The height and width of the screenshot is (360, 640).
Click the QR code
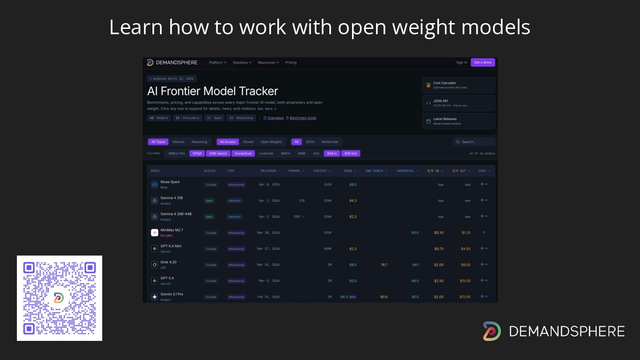click(60, 298)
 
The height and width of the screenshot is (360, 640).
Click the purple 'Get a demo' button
click(483, 62)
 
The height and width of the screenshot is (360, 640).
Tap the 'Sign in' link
click(461, 62)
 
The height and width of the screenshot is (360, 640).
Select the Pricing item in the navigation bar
click(291, 62)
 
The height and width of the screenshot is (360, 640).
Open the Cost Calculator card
click(458, 85)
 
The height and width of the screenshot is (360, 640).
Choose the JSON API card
click(458, 103)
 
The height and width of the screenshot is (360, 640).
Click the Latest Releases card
click(458, 121)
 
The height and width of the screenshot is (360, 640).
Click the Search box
click(474, 142)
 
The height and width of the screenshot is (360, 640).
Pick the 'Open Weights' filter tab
click(271, 142)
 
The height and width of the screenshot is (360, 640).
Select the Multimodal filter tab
click(330, 142)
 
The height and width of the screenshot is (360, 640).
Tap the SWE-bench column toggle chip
click(218, 153)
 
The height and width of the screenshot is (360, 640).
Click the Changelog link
click(275, 118)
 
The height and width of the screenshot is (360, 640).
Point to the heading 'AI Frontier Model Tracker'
click(212, 91)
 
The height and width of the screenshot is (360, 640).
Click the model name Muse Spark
click(170, 182)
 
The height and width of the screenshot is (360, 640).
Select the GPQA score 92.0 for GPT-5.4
click(353, 281)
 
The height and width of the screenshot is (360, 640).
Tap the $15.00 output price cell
click(465, 281)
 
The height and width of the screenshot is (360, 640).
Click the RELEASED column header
click(268, 171)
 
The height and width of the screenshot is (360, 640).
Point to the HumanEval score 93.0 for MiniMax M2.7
click(415, 232)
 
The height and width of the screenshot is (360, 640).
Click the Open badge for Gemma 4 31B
click(209, 201)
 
